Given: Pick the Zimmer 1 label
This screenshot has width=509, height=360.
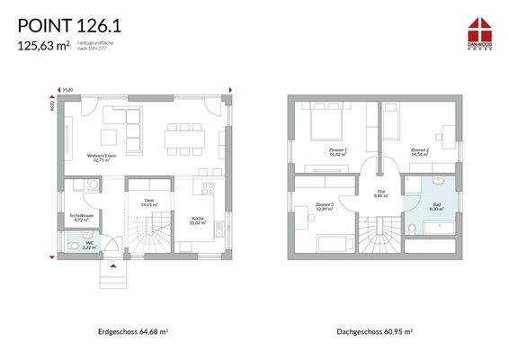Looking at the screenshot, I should coord(338,150).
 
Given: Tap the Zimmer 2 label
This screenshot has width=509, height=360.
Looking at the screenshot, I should coord(419,150).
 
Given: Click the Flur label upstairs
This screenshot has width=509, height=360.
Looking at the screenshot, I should coord(380,192).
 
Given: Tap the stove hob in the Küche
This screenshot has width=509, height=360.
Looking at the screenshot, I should coord(210,190).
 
